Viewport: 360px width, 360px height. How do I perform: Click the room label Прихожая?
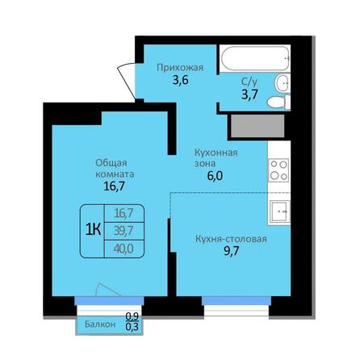pyautogui.click(x=174, y=69)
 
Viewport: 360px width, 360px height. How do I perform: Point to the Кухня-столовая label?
pyautogui.click(x=231, y=239)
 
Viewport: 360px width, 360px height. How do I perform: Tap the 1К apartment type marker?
pyautogui.click(x=93, y=228)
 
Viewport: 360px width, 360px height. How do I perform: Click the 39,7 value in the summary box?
pyautogui.click(x=124, y=229)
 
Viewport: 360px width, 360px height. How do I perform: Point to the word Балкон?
pyautogui.click(x=99, y=324)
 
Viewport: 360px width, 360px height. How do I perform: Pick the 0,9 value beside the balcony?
pyautogui.click(x=131, y=317)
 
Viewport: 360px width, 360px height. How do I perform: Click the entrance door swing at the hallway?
pyautogui.click(x=126, y=73)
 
